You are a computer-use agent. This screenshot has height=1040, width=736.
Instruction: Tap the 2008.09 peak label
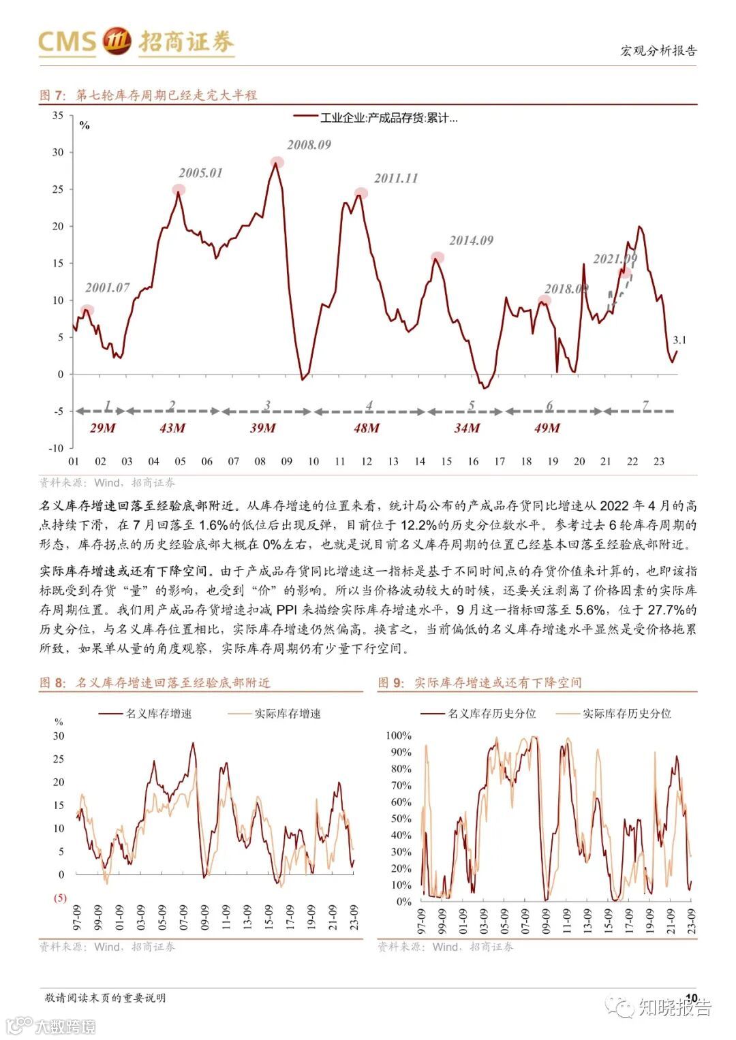pyautogui.click(x=309, y=144)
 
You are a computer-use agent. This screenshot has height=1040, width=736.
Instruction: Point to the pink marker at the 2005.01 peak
pyautogui.click(x=179, y=190)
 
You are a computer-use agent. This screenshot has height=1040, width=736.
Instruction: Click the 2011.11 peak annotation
pyautogui.click(x=396, y=178)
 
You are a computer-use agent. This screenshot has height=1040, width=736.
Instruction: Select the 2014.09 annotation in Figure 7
pyautogui.click(x=471, y=240)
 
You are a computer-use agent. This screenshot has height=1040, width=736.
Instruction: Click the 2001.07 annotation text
pyautogui.click(x=108, y=287)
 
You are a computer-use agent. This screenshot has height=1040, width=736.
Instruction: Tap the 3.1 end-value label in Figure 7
pyautogui.click(x=679, y=340)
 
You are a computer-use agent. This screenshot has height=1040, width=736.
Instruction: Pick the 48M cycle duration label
pyautogui.click(x=366, y=428)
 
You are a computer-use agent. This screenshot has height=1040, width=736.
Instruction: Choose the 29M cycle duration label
pyautogui.click(x=103, y=428)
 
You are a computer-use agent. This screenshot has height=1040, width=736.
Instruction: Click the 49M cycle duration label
pyautogui.click(x=547, y=428)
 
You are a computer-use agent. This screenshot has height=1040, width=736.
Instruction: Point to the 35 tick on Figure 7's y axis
pyautogui.click(x=58, y=116)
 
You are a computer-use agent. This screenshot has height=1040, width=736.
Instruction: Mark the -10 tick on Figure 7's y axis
pyautogui.click(x=56, y=448)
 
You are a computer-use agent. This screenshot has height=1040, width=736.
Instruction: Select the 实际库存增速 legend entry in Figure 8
pyautogui.click(x=287, y=714)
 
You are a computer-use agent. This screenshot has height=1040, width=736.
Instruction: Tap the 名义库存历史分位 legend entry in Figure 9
pyautogui.click(x=491, y=714)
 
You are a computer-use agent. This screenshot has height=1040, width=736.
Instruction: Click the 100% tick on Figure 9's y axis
pyautogui.click(x=399, y=736)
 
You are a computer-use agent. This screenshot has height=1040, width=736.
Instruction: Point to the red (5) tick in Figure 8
pyautogui.click(x=60, y=898)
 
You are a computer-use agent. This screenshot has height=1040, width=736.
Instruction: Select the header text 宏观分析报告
pyautogui.click(x=658, y=50)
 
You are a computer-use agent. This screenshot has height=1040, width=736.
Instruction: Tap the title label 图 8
pyautogui.click(x=53, y=682)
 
